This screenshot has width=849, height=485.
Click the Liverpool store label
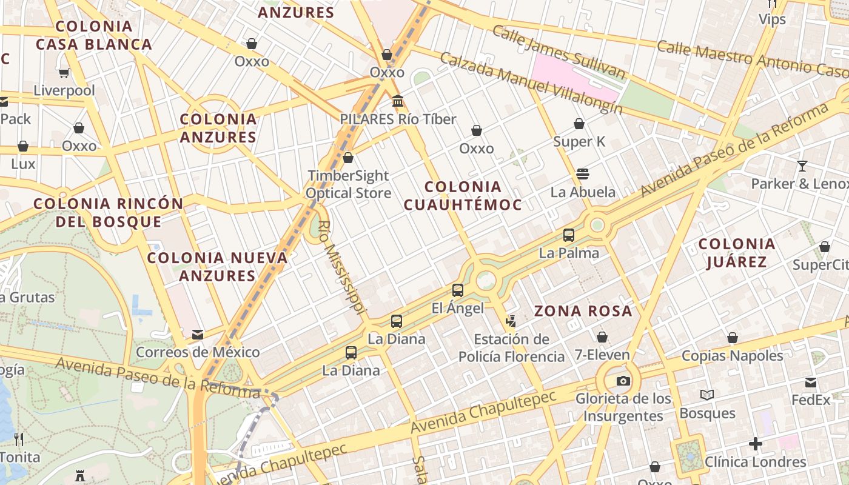pyautogui.click(x=64, y=91)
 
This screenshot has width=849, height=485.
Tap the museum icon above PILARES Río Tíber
pyautogui.click(x=398, y=101)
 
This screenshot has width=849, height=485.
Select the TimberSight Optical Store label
pyautogui.click(x=348, y=184)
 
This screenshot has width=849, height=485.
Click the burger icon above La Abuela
pyautogui.click(x=583, y=174)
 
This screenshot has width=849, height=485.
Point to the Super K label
pyautogui.click(x=579, y=142)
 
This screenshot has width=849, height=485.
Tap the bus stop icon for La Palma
pyautogui.click(x=569, y=235)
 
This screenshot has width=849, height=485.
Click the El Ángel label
pyautogui.click(x=458, y=308)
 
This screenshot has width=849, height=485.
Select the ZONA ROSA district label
pyautogui.click(x=583, y=312)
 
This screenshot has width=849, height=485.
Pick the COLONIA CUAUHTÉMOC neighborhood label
pyautogui.click(x=463, y=195)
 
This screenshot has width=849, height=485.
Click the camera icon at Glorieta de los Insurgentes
pyautogui.click(x=623, y=381)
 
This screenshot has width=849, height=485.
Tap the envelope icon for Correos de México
pyautogui.click(x=197, y=334)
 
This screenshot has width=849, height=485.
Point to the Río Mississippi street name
pyautogui.click(x=342, y=267)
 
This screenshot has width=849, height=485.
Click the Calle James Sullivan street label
pyautogui.click(x=558, y=52)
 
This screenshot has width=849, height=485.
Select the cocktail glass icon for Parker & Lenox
pyautogui.click(x=802, y=166)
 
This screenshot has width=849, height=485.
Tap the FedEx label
pyautogui.click(x=811, y=400)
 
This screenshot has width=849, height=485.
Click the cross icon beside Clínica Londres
pyautogui.click(x=755, y=444)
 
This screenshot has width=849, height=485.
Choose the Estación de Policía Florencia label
pyautogui.click(x=511, y=348)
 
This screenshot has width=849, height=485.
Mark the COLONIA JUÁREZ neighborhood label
pyautogui.click(x=737, y=253)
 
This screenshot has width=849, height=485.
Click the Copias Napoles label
pyautogui.click(x=733, y=355)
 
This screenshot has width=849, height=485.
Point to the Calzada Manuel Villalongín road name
pyautogui.click(x=531, y=82)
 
